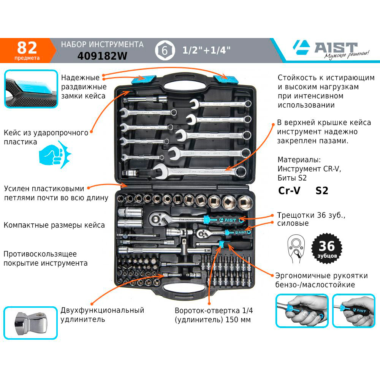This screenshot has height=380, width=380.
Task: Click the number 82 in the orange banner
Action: (x=27, y=47)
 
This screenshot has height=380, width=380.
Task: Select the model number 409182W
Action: (x=102, y=56)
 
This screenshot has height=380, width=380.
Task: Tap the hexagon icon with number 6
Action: (x=165, y=51)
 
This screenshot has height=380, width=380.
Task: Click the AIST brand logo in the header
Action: (x=331, y=50)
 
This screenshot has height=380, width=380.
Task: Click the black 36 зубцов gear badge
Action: (x=327, y=248)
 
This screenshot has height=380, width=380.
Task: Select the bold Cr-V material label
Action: (x=289, y=190)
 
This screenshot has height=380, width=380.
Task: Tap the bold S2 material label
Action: (x=321, y=191)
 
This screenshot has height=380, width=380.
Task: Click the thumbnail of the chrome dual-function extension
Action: (x=30, y=323)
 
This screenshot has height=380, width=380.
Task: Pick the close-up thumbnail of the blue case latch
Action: (x=31, y=89)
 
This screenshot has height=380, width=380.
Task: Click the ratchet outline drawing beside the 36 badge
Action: (x=296, y=249)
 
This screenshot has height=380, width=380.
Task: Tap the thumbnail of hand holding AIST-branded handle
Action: (x=353, y=311)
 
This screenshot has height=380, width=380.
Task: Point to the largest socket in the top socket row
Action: (x=245, y=203)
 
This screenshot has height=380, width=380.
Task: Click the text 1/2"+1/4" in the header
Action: (x=206, y=51)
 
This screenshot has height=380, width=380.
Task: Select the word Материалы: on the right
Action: (x=299, y=160)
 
